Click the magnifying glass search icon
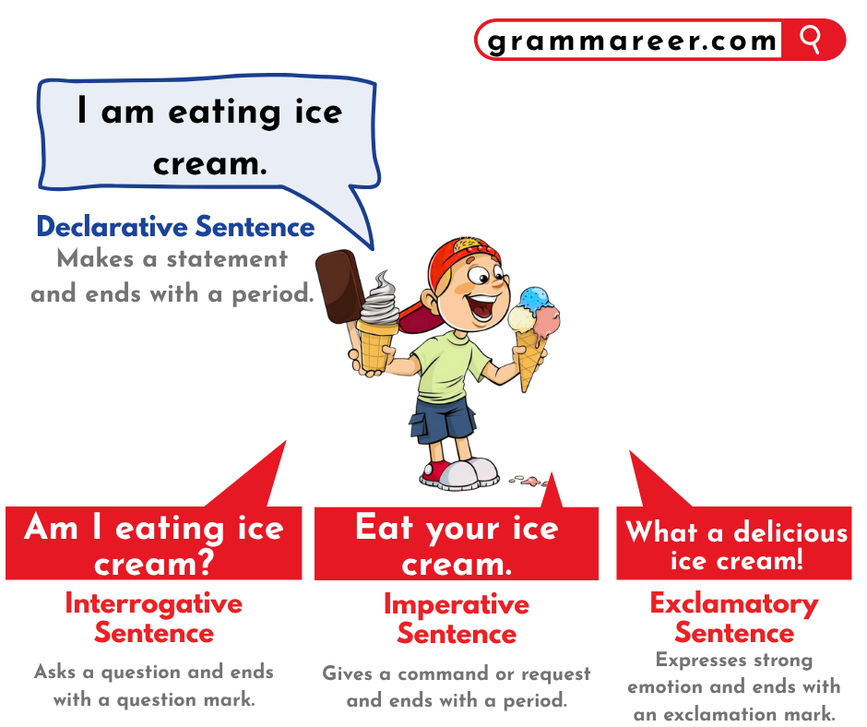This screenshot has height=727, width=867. (x=811, y=40)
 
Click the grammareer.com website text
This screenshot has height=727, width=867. (x=633, y=41)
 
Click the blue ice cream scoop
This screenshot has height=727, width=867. (x=533, y=299)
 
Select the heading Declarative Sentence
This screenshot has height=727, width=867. (x=175, y=227)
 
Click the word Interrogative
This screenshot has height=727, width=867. (x=154, y=604)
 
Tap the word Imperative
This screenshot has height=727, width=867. (x=457, y=605)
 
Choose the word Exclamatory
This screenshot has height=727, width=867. (x=734, y=604)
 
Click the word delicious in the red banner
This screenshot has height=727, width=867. (x=790, y=533)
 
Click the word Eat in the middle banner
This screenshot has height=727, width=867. (x=384, y=528)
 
